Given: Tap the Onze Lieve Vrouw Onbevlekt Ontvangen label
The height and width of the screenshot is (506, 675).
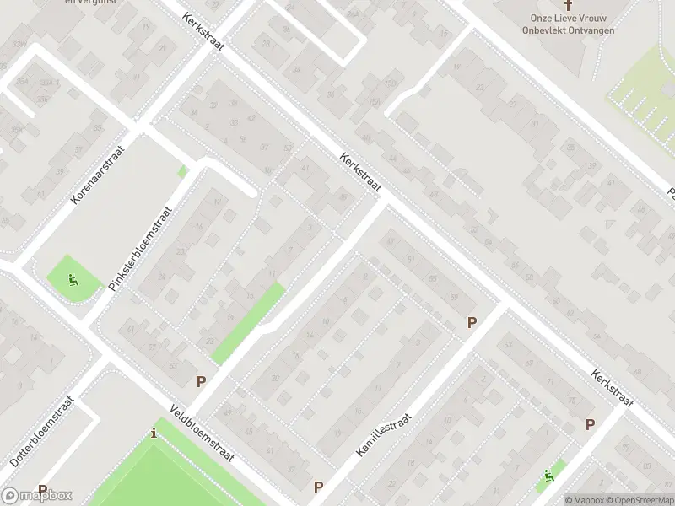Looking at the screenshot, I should click(x=572, y=24).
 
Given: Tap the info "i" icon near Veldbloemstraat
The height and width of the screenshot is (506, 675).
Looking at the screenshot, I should click(x=153, y=433).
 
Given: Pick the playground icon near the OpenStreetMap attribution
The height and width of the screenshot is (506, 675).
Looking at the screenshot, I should click(x=550, y=476).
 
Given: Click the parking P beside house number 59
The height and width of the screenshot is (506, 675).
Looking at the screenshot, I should click(x=472, y=322).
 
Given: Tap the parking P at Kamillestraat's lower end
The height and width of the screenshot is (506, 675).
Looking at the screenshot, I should click(x=319, y=487).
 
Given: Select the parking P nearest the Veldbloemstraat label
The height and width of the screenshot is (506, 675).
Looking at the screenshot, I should click(x=201, y=381).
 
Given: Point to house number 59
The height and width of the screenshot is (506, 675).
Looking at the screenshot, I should click(x=454, y=298).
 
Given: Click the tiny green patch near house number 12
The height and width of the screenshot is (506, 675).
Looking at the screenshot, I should click(x=182, y=171).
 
